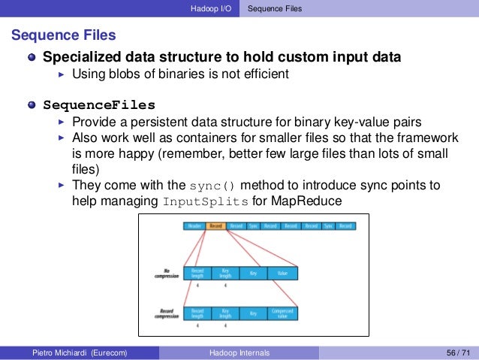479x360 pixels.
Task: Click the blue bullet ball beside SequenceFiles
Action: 32,104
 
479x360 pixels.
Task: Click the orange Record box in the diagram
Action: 215,225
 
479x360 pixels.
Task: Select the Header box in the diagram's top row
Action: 195,225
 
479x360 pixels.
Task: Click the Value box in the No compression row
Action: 282,274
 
